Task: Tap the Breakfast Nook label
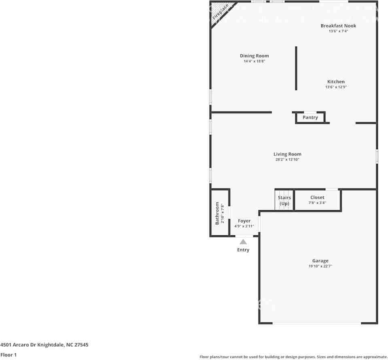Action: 338,26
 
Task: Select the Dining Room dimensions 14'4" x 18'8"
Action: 254,62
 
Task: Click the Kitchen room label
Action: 336,81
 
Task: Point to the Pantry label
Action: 310,117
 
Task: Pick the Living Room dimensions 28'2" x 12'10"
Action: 287,160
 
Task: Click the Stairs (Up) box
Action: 284,200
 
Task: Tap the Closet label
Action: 317,198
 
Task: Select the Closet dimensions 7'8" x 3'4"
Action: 317,203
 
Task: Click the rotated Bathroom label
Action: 217,213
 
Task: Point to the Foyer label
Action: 244,221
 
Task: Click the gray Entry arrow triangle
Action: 243,242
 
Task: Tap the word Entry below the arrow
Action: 243,250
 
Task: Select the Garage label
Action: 320,261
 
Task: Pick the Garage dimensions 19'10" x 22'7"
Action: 320,266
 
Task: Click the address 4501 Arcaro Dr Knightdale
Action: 44,345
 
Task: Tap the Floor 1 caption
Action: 9,355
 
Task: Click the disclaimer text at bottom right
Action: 293,357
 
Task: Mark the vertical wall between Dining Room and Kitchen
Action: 296,68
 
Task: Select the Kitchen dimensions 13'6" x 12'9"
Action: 336,87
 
